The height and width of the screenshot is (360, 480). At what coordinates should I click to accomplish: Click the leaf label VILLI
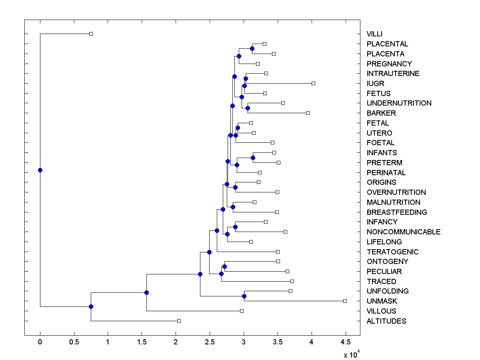[374, 34]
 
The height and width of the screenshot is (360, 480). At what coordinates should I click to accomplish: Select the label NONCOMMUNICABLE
[403, 232]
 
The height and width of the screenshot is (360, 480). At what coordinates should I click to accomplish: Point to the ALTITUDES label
[386, 321]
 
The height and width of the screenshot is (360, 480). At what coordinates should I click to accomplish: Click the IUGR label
[375, 84]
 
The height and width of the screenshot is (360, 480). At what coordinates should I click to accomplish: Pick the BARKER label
[381, 113]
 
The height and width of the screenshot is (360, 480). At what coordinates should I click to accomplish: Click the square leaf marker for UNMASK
[345, 301]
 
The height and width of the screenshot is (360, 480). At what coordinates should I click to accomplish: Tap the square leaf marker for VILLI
[91, 34]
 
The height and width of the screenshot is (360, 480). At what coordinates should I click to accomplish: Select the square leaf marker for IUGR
[313, 83]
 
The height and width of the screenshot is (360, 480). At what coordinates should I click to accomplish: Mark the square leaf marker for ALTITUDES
[179, 321]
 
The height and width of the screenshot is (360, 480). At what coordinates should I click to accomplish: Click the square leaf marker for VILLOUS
[242, 311]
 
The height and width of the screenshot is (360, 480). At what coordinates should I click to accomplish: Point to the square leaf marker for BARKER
[308, 113]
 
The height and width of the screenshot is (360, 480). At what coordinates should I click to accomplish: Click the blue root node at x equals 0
[40, 170]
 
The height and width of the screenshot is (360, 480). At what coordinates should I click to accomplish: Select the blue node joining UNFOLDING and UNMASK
[244, 296]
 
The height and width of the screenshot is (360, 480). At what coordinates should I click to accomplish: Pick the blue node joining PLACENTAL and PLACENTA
[252, 48]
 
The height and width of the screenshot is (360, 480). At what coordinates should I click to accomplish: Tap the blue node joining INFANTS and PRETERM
[253, 158]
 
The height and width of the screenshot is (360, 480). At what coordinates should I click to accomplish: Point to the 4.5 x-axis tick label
[345, 342]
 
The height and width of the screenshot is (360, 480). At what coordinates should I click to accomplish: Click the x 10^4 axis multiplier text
[352, 354]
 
